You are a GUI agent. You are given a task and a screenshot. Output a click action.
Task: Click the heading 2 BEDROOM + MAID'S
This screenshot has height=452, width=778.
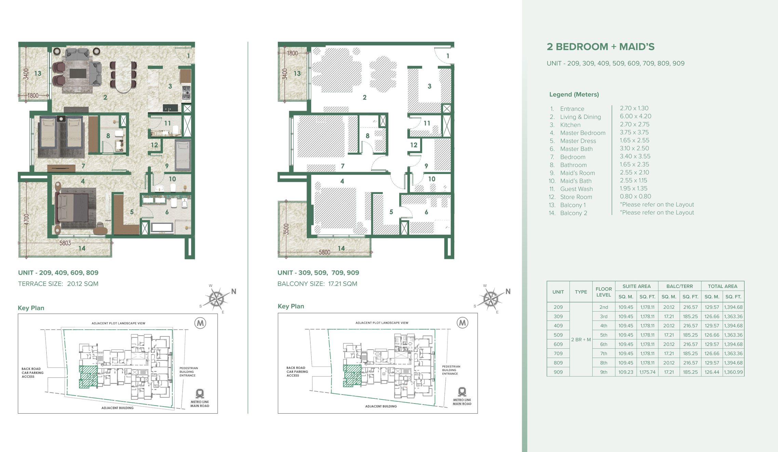click(x=600, y=47)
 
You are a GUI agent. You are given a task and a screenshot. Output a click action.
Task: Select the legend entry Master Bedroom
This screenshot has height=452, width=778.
click(x=582, y=133)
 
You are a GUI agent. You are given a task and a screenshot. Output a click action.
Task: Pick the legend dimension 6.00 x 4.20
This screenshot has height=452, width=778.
click(x=635, y=116)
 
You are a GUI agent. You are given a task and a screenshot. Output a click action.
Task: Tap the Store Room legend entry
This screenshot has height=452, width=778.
click(x=576, y=197)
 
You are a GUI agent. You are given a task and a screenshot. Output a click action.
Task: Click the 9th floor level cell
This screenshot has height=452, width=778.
click(x=604, y=372)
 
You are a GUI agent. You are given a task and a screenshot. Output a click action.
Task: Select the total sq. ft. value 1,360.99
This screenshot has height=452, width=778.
click(x=733, y=372)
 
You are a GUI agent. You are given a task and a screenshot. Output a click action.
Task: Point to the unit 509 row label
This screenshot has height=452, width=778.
click(x=558, y=335)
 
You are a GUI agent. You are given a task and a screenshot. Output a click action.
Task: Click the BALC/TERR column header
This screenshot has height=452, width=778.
click(x=679, y=286)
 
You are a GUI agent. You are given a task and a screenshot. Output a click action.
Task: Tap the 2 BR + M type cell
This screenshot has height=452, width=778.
click(x=581, y=340)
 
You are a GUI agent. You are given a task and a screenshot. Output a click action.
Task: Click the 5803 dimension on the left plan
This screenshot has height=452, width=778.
click(x=65, y=243)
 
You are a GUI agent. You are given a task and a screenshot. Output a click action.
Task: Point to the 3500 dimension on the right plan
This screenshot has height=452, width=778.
click(x=286, y=229)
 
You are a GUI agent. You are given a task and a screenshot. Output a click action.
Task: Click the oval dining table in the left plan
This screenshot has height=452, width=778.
click(x=123, y=74)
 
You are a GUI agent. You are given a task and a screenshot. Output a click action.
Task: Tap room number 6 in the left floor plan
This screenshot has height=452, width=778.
click(x=167, y=212)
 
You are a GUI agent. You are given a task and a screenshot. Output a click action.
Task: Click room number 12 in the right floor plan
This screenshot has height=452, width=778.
click(x=414, y=145)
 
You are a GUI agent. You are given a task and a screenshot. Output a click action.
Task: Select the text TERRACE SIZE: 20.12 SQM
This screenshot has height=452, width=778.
click(x=58, y=284)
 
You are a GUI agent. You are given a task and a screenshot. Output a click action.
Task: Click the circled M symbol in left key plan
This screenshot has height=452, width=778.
click(x=200, y=323)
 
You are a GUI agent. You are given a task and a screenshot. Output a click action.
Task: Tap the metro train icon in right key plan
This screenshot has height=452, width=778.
click(x=462, y=392)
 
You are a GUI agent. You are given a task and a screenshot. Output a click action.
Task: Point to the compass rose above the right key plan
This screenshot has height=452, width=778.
click(x=491, y=299)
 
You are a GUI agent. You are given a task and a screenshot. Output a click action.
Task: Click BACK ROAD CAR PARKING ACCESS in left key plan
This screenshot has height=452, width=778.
click(x=32, y=373)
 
